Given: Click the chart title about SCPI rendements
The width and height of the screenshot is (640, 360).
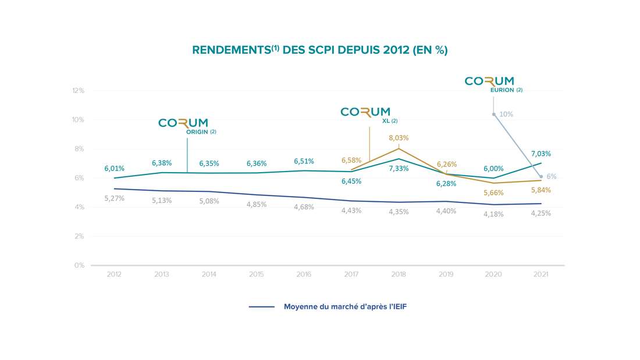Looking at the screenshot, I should point(319,50).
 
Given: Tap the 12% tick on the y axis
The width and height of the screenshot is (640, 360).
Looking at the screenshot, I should point(79,91).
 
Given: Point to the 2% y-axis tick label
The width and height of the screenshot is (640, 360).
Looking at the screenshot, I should point(80,236).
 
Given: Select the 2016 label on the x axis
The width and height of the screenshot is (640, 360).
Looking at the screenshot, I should point(304,275).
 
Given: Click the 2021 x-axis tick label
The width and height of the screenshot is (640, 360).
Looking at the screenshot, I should point(541,275).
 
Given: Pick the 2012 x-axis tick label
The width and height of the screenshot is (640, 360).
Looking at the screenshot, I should point(114,275).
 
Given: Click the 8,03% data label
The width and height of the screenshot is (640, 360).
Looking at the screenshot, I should point(399,138).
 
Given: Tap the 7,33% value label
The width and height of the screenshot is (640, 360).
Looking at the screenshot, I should point(399,168).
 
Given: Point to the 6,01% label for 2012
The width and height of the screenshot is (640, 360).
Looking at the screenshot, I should point(114,168).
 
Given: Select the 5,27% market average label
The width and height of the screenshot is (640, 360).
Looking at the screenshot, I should point(114,198).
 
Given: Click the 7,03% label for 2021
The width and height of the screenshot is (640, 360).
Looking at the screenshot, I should point(541,154).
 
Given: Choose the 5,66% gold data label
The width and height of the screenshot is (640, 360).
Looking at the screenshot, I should point(493,193).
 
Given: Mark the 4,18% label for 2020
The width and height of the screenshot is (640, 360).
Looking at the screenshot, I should point(493,214).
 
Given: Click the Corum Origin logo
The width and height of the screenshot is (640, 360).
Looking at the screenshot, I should point(183,124).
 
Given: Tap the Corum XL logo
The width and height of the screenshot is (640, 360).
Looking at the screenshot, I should point(365,112).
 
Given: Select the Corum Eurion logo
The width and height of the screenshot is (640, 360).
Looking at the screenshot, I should point(490,83).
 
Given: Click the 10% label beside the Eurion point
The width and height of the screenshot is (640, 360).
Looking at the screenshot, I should point(506,114).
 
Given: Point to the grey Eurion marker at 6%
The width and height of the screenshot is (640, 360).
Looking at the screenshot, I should point(541,176).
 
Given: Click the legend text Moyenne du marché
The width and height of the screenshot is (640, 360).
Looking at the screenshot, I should point(345,306).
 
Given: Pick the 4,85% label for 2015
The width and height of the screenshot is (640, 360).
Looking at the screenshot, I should point(256,205).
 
